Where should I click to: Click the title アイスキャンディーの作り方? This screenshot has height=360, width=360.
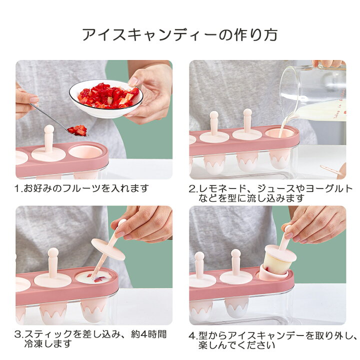180,35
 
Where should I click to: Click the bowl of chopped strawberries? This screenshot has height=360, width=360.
106,98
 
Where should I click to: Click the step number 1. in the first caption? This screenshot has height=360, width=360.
19,188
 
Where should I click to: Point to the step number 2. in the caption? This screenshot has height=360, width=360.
193,189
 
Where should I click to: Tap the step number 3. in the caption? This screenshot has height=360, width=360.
19,334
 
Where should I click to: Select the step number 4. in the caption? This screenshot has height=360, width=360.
193,336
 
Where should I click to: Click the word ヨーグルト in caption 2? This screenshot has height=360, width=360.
329,188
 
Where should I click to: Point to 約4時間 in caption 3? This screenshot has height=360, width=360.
148,334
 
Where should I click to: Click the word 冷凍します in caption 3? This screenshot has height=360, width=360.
48,344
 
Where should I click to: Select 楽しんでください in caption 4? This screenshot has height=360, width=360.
236,345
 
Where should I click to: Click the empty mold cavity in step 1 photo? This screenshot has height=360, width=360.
85,151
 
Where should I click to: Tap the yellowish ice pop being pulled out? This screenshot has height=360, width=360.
278,259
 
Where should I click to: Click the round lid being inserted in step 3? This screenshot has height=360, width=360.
108,249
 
